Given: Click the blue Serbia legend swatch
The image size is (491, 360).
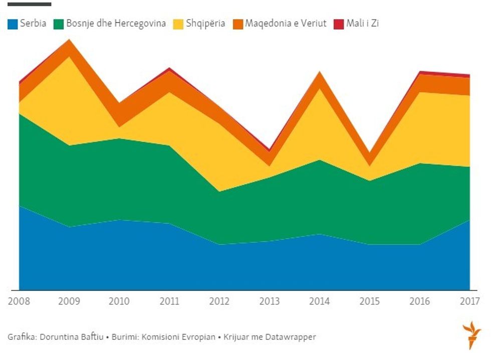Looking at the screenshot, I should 13,24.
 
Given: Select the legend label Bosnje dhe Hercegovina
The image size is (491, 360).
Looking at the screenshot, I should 116,23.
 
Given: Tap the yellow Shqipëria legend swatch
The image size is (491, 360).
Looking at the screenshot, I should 179,24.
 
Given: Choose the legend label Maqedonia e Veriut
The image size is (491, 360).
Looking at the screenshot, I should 286,23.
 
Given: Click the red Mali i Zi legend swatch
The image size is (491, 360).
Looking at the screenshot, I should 339,24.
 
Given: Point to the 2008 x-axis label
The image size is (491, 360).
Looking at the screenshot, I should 19,301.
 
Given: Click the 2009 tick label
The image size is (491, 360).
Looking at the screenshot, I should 69,301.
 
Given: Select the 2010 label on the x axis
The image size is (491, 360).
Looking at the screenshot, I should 119,301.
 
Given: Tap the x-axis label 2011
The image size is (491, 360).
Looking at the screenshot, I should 169,301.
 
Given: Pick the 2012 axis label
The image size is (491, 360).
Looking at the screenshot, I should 219,301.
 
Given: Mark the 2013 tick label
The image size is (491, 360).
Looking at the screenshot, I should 270,301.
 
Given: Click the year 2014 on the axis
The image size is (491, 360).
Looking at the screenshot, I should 320,301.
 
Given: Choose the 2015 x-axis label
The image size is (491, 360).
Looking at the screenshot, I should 369,301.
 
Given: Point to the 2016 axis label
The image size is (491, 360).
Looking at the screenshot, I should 419,301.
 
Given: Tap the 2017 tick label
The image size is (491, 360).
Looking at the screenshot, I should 469,301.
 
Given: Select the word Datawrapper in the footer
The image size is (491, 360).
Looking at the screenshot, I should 292,337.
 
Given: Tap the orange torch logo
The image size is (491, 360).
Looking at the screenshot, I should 471,335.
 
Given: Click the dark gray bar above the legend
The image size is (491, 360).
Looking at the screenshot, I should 29,4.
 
